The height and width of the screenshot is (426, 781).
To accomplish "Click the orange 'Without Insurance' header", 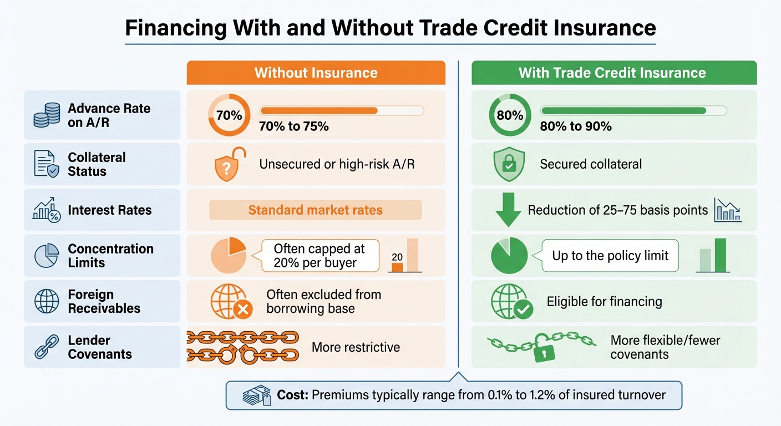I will (316, 73).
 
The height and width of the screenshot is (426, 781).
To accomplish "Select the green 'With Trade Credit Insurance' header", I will (613, 73).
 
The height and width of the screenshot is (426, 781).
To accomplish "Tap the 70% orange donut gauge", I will (229, 115).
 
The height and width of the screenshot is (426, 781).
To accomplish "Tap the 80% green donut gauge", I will (509, 115).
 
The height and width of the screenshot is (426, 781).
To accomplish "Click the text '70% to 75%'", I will (293, 126).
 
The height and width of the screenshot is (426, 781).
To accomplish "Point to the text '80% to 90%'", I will (575, 126).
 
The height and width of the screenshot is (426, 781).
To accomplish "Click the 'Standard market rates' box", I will (315, 210).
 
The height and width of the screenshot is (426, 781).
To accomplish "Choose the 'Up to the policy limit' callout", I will (610, 256).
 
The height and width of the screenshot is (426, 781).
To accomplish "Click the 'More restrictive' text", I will (356, 347).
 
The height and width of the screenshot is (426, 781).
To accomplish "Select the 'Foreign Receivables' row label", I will (104, 301).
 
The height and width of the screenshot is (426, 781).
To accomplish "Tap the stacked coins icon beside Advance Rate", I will (47, 115).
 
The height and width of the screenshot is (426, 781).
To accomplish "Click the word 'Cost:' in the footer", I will (293, 395).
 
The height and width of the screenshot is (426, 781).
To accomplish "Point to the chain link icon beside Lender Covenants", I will (47, 347).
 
